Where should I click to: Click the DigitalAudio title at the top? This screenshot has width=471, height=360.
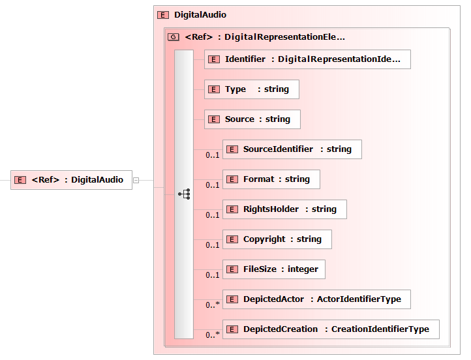click(200, 15)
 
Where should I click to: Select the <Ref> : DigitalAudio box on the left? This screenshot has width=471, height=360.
click(71, 180)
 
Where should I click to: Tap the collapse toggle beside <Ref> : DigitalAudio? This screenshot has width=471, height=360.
click(136, 180)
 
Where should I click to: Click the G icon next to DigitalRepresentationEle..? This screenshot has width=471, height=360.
click(174, 37)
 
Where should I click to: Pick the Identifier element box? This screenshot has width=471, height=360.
click(307, 59)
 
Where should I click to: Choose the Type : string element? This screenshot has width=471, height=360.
click(252, 89)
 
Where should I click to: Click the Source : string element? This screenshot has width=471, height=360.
click(252, 119)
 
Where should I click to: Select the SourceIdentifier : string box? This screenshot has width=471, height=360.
click(292, 149)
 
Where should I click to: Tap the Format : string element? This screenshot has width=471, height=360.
click(271, 179)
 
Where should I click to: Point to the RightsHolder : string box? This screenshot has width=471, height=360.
click(284, 209)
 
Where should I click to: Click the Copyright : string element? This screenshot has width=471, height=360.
click(277, 239)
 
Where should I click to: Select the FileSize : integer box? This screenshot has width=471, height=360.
click(273, 269)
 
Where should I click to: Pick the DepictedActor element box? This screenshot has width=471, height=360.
click(316, 299)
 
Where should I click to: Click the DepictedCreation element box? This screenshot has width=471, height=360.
click(331, 329)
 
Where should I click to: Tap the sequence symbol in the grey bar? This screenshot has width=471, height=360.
click(184, 194)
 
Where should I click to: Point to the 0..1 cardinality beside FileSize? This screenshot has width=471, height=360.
click(213, 275)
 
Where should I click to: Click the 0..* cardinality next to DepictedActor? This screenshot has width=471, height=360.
click(213, 305)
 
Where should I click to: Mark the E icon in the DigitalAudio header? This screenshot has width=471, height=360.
click(163, 15)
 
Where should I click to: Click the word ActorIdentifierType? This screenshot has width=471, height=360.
click(359, 299)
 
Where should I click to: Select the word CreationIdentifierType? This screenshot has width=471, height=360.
click(380, 329)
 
